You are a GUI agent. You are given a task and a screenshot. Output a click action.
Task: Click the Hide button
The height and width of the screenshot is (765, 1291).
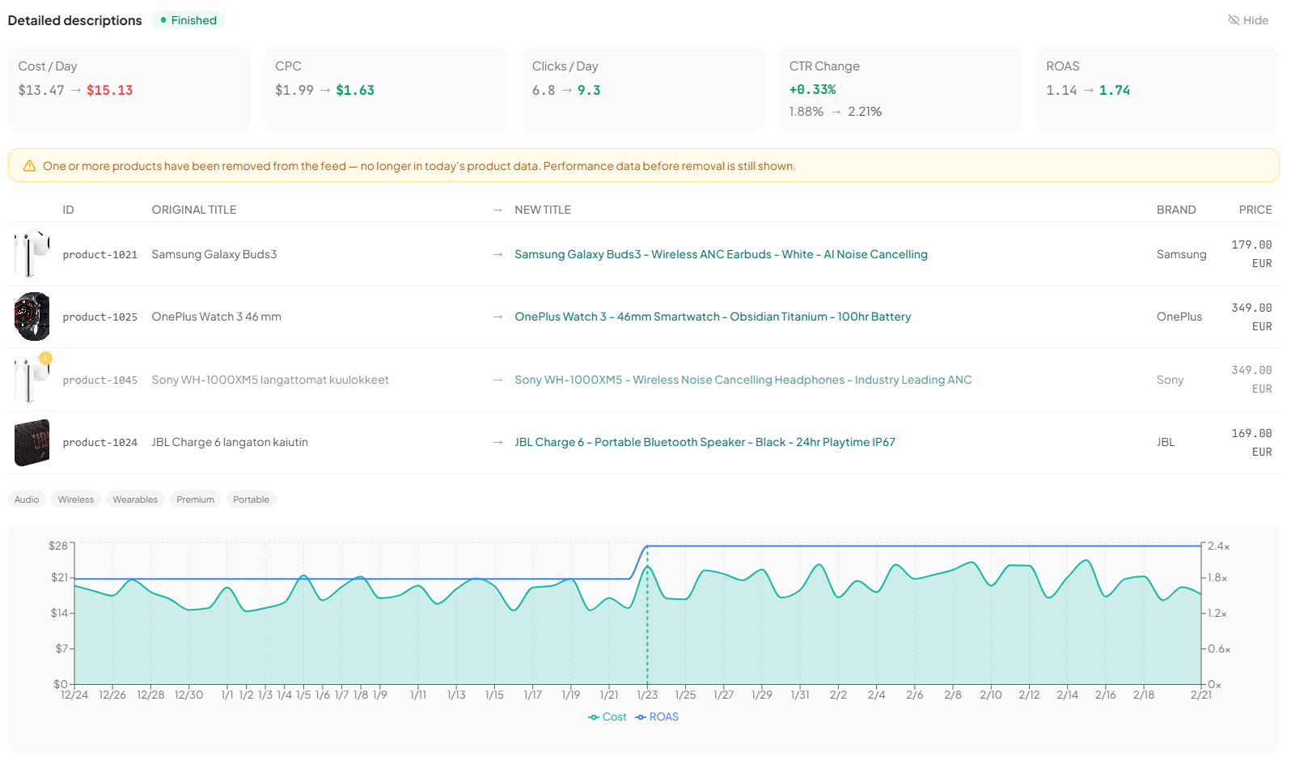[1248, 20]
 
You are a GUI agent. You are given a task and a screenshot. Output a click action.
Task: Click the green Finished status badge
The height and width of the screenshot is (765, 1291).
[189, 20]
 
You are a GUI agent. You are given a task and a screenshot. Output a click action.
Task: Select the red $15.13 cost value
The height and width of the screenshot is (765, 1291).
[109, 91]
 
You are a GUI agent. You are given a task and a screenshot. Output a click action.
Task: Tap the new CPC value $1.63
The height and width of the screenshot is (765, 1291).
[355, 91]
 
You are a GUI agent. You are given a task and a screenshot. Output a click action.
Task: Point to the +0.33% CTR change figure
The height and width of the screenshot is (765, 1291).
[812, 90]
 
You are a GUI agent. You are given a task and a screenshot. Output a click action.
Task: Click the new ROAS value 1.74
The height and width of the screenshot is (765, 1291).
[1114, 91]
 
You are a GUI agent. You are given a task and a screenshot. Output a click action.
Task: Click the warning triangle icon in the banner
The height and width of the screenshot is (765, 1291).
[29, 166]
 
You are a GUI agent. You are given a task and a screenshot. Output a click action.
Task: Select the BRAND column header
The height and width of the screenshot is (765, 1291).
[1175, 210]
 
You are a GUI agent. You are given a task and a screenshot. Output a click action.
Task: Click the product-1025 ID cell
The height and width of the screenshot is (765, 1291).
[100, 317]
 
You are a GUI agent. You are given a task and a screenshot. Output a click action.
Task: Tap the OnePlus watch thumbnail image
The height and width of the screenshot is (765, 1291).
[32, 317]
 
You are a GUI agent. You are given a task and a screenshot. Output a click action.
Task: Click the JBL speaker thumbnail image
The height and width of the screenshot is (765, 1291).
[32, 442]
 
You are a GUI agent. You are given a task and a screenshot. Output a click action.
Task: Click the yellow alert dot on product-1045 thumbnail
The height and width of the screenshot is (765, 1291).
[46, 358]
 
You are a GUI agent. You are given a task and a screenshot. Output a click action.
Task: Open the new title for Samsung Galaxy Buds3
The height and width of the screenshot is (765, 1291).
[721, 254]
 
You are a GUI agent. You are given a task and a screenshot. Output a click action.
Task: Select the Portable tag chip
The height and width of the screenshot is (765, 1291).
[251, 499]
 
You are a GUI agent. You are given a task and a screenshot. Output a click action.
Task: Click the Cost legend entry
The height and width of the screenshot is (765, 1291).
[607, 717]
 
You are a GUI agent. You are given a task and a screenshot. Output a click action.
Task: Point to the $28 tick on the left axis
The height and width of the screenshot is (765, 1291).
[58, 546]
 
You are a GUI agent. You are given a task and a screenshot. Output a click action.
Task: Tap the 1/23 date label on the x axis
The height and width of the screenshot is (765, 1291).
[647, 695]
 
